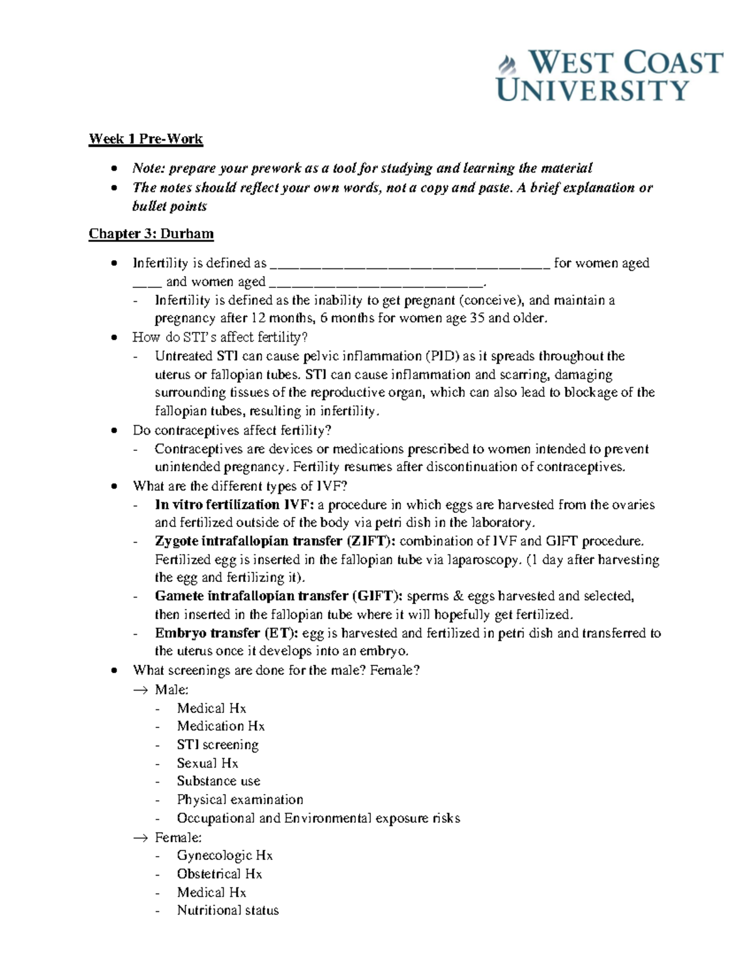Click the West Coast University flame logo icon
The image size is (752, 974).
[506, 63]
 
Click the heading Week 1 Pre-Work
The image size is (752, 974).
[145, 139]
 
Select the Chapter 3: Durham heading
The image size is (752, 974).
[151, 234]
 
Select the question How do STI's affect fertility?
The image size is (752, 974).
[220, 337]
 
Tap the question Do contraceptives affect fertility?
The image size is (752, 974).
[231, 430]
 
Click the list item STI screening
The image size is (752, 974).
[217, 744]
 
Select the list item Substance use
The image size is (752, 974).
[218, 781]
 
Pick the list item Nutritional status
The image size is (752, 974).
[227, 910]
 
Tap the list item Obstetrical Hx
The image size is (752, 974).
[219, 874]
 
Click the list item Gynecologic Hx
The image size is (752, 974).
[224, 855]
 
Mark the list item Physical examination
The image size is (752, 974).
[239, 800]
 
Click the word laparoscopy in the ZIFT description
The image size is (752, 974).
[483, 560]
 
